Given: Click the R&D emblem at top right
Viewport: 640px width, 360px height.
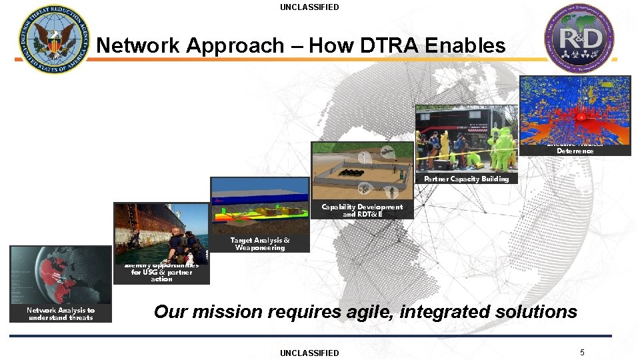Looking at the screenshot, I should pos(579,37).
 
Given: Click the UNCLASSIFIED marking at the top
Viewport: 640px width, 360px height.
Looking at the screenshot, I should pos(309,7).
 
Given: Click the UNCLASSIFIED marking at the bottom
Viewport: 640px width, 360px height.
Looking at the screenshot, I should pos(309,353).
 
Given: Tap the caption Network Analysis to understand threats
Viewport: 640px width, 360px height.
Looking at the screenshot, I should pos(61,314).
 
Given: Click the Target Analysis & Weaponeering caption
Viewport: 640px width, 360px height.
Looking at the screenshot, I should pos(260,244).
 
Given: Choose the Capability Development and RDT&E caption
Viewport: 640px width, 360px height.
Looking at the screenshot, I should pos(362,211).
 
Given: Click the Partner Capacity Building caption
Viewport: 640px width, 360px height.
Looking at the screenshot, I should pos(466,179).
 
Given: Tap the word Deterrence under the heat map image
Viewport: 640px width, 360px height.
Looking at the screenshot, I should pos(575,151).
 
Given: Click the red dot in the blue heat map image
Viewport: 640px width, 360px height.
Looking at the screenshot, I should pos(581,117).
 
